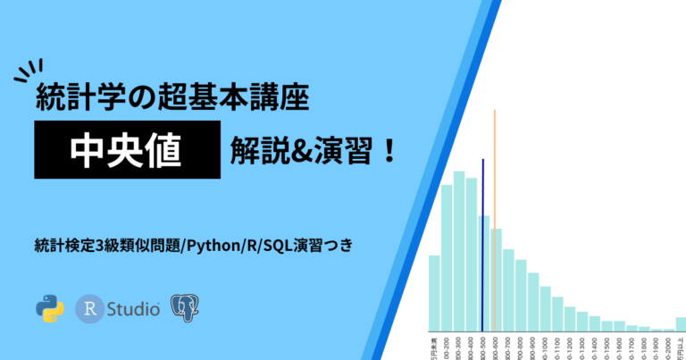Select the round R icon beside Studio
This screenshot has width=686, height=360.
pyautogui.click(x=90, y=308)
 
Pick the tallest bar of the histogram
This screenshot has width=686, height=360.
pyautogui.click(x=459, y=250)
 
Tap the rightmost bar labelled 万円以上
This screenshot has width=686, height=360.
pyautogui.click(x=681, y=324)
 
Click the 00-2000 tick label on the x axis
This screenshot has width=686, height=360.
pyautogui.click(x=668, y=346)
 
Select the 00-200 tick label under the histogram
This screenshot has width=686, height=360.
pyautogui.click(x=447, y=346)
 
